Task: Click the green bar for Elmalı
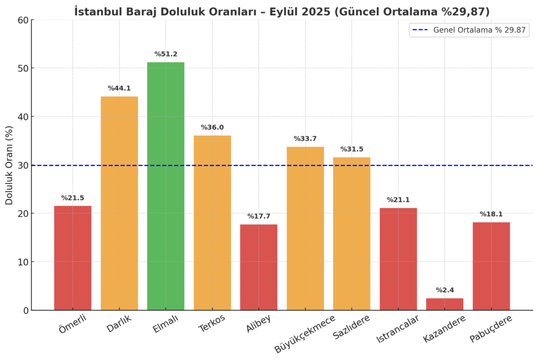pos(165,186)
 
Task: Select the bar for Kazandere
pos(444,304)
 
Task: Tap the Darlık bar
pos(119,203)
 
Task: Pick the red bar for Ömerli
pos(73,258)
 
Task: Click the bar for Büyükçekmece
pos(305,228)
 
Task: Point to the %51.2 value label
pos(165,54)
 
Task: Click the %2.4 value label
pos(444,290)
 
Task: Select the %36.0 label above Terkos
pos(212,128)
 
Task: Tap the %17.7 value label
pos(258,216)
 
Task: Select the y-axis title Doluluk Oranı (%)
pos(9,165)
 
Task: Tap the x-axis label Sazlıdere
pos(351,327)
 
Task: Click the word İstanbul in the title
pos(99,11)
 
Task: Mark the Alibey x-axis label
pos(258,324)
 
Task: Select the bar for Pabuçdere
pos(491,266)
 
